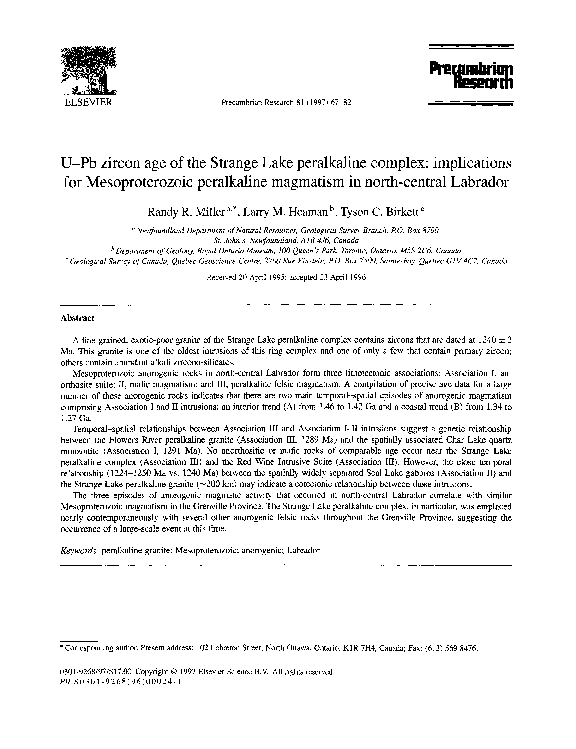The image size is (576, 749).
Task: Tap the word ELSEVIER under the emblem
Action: (x=72, y=102)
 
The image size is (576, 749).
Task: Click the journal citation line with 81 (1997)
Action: (x=287, y=103)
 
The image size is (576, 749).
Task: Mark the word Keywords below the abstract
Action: (x=81, y=550)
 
